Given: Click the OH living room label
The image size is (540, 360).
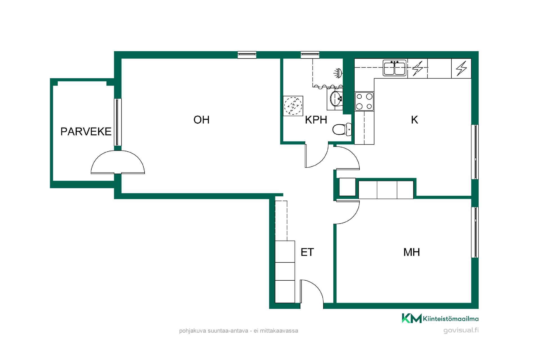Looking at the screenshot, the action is coord(201,120).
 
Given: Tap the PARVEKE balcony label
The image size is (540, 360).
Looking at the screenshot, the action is coord(86,131).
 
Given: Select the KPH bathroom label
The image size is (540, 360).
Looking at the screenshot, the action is coord(316,120).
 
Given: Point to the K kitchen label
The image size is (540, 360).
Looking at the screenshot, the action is coord(414,120).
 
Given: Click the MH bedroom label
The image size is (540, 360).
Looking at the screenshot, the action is coord(411,252).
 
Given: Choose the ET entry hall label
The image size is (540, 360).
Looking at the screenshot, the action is coord(307,252).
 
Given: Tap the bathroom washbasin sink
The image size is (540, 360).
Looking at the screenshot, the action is coord(336,98).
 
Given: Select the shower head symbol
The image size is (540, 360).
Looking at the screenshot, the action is coord(338,73).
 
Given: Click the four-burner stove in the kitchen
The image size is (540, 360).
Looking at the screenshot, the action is coord(364,101).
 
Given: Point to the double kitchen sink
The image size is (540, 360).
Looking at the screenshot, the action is coord(395,68).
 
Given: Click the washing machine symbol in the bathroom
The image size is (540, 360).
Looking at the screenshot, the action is coord(293,106).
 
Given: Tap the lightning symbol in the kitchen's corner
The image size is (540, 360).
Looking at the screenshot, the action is coord(461,68).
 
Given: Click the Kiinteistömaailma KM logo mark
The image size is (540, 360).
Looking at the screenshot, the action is coord(411,318).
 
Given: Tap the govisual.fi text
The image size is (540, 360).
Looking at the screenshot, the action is coord(461,330).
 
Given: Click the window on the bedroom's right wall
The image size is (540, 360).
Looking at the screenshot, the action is coord(475,232).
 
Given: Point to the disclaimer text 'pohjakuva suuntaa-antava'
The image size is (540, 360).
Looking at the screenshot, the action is coord(213,331).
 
